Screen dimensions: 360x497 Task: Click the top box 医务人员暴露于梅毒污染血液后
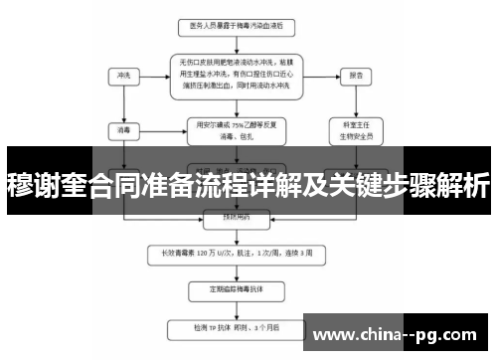236,25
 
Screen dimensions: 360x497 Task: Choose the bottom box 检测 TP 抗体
237,325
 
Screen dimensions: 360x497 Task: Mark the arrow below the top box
236,42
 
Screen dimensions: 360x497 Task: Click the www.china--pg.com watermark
399,333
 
